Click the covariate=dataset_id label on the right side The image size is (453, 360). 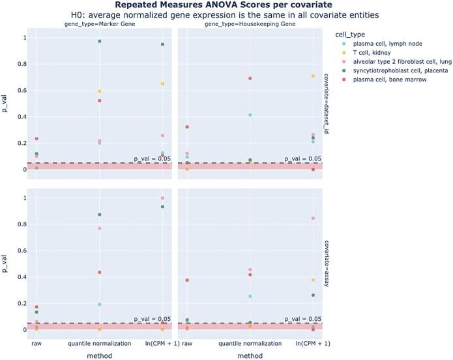click(x=327, y=104)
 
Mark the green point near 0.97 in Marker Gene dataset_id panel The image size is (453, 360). click(x=99, y=41)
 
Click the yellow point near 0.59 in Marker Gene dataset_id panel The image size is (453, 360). click(x=99, y=91)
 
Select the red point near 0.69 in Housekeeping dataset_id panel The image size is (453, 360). click(x=250, y=78)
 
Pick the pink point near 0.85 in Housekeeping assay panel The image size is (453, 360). click(x=313, y=218)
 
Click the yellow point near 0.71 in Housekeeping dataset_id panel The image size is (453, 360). click(x=313, y=76)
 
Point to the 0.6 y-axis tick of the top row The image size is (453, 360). click(x=18, y=91)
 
